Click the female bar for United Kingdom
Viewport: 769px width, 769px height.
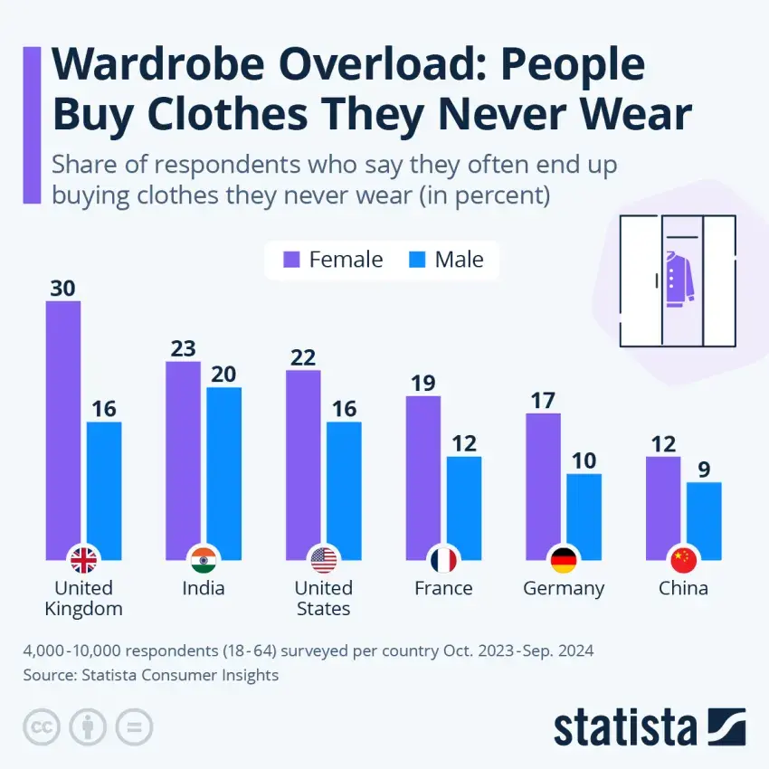pyautogui.click(x=63, y=425)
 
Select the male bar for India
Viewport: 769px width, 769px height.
pyautogui.click(x=223, y=470)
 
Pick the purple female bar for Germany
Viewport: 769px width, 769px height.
pyautogui.click(x=544, y=484)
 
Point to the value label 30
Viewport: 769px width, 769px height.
pyautogui.click(x=63, y=289)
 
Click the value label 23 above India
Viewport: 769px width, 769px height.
pyautogui.click(x=183, y=348)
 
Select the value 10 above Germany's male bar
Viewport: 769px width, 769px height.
pyautogui.click(x=584, y=460)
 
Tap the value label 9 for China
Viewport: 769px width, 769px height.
pyautogui.click(x=704, y=469)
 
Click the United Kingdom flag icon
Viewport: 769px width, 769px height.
pyautogui.click(x=83, y=561)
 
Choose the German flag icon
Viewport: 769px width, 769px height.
pyautogui.click(x=564, y=561)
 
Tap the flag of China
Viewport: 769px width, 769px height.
pyautogui.click(x=683, y=561)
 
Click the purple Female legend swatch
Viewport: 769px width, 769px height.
pyautogui.click(x=291, y=260)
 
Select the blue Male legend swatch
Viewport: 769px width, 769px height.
pyautogui.click(x=417, y=260)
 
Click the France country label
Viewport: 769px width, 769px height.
pyautogui.click(x=443, y=588)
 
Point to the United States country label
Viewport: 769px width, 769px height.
pyautogui.click(x=323, y=598)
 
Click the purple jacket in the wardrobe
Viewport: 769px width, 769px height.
pyautogui.click(x=679, y=276)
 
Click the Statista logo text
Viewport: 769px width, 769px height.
pyautogui.click(x=625, y=726)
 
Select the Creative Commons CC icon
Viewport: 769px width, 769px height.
pyautogui.click(x=40, y=726)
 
